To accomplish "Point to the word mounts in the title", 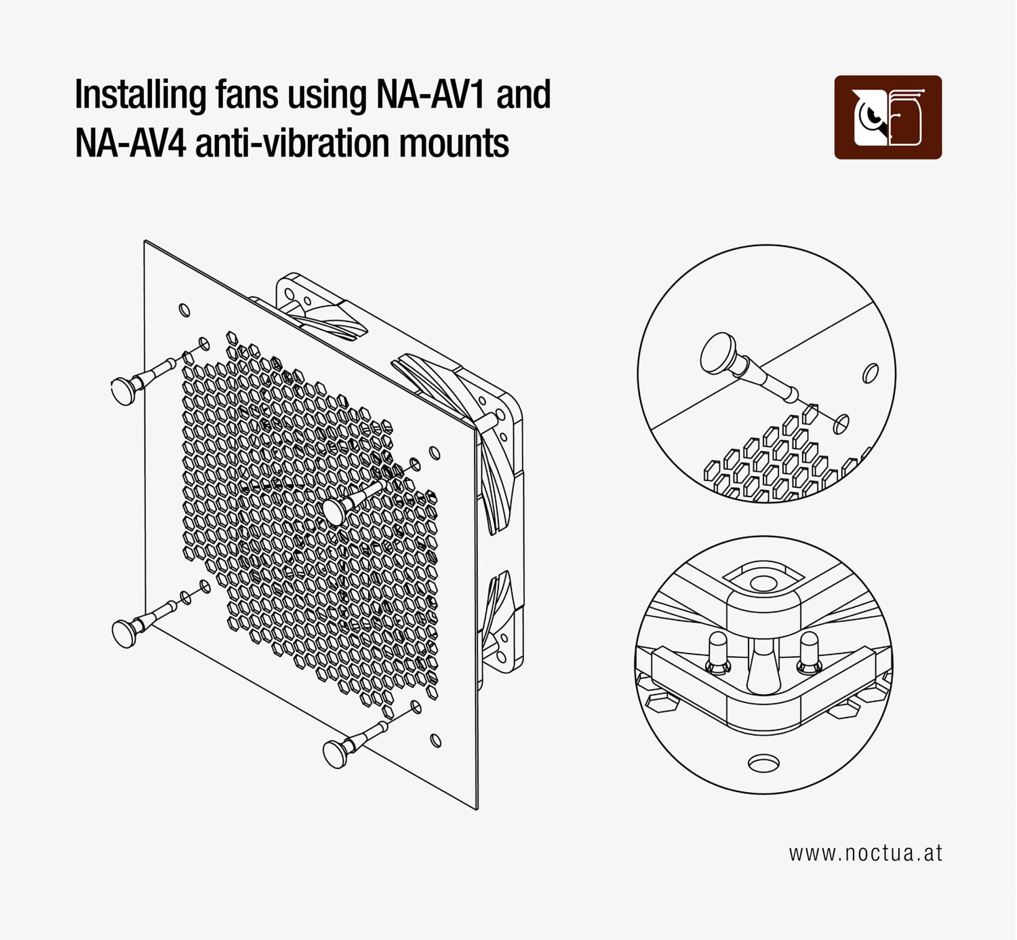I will pyautogui.click(x=454, y=144).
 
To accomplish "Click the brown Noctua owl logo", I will pyautogui.click(x=888, y=117).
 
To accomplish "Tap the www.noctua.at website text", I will pyautogui.click(x=865, y=853).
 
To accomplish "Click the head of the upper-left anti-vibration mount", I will pyautogui.click(x=123, y=391).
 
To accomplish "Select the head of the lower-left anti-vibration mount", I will pyautogui.click(x=124, y=632).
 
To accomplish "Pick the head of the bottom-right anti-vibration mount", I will pyautogui.click(x=335, y=753).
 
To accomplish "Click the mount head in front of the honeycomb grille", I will pyautogui.click(x=334, y=510).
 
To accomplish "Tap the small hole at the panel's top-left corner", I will pyautogui.click(x=184, y=310).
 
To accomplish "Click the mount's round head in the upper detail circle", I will pyautogui.click(x=717, y=353).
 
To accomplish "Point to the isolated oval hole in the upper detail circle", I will pyautogui.click(x=870, y=373).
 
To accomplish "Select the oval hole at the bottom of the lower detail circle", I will pyautogui.click(x=763, y=764).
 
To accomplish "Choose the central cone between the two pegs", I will pyautogui.click(x=762, y=668).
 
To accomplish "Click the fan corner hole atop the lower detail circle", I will pyautogui.click(x=763, y=583).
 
